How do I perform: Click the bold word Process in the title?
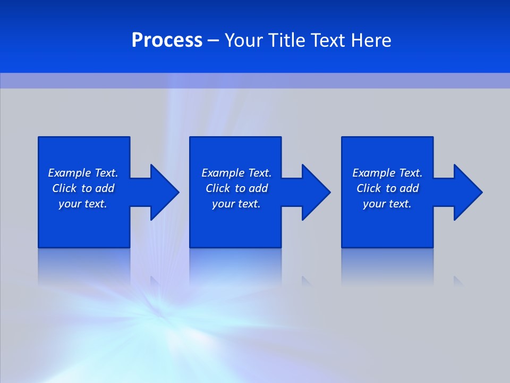[167, 40]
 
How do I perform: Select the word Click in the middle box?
[218, 188]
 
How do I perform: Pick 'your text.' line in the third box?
[387, 204]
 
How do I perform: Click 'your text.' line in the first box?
[83, 204]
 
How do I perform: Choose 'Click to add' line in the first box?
[83, 188]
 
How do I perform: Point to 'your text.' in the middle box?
[236, 204]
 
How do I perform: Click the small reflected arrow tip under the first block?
[155, 281]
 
